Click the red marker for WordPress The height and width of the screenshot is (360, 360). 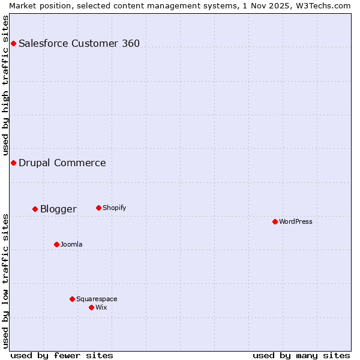point(275,221)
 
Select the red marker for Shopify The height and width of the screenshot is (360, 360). point(98,208)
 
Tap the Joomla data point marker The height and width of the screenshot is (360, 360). point(56,244)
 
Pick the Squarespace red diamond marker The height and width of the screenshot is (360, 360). point(72,299)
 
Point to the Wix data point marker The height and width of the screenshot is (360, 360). point(91,307)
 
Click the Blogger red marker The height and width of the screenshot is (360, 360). point(35,209)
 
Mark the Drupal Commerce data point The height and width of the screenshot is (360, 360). point(13,163)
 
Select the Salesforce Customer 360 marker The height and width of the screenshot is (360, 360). point(13,43)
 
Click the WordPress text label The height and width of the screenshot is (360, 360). point(296,221)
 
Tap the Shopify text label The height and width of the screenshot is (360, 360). point(115,208)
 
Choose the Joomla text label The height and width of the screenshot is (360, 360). point(71,244)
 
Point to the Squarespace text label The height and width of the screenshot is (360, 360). point(97,299)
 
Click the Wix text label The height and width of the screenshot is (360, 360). point(101,307)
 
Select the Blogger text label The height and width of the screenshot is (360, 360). point(58,209)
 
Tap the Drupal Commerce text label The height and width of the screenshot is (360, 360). point(62,163)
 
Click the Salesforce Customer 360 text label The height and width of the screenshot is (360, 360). point(79,43)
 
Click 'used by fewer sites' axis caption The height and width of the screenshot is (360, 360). point(62,355)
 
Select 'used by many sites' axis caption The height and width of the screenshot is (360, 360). point(301,355)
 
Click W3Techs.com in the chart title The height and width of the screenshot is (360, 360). point(325,5)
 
